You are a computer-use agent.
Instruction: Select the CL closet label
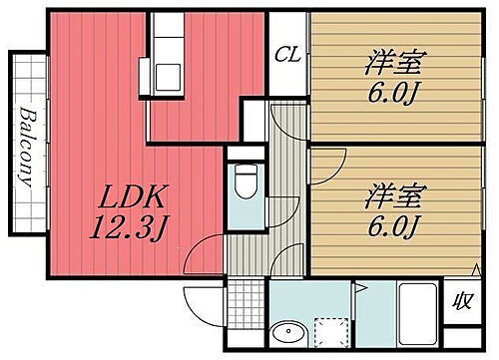pos(288,52)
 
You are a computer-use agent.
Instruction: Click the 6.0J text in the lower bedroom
pos(390,226)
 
